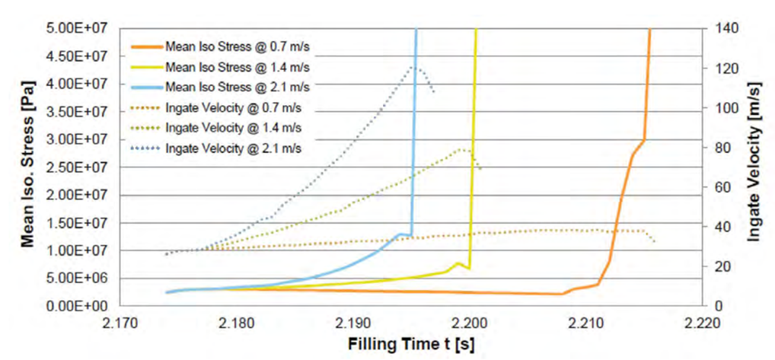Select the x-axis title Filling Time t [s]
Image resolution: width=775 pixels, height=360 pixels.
[412, 344]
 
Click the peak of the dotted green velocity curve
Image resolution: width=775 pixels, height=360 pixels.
[461, 149]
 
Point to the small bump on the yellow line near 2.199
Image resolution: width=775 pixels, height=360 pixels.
[458, 263]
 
